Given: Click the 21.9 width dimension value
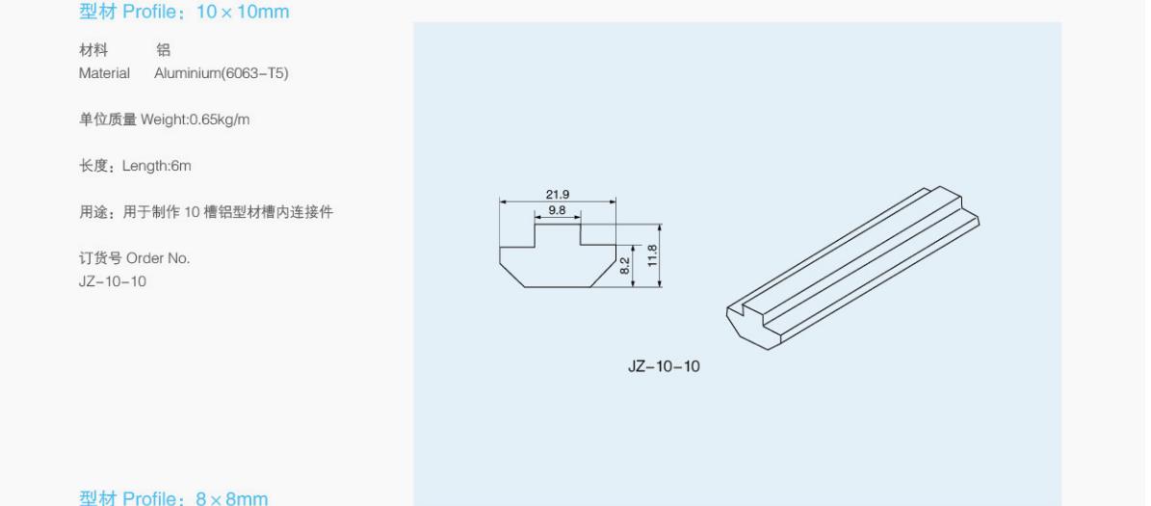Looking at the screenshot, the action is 557,195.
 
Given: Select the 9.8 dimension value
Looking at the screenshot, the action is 557,210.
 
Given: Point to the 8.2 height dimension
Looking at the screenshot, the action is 625,265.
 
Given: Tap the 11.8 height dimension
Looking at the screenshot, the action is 653,254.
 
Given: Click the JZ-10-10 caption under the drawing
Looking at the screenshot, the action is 664,365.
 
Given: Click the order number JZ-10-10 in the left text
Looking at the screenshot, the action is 113,281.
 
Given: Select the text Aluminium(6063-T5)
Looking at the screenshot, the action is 222,73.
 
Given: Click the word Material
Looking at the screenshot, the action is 104,73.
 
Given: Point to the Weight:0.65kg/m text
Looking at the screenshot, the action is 196,120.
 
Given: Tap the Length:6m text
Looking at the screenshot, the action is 156,166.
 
